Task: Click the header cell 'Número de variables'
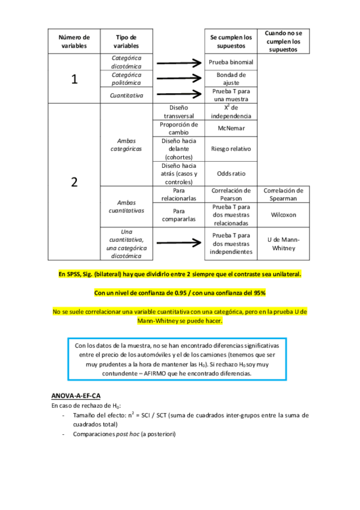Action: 74,41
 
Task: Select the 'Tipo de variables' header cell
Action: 126,41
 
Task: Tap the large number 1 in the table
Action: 74,79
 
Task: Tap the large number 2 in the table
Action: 74,183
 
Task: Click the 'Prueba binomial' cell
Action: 231,62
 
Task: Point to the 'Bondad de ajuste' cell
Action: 231,78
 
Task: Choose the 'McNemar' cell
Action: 231,128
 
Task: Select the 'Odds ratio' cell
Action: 231,173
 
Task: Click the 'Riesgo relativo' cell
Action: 231,148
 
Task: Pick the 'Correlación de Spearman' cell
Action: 283,194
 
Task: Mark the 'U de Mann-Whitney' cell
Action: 283,243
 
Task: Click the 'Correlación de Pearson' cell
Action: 231,194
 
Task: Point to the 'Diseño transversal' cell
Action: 178,111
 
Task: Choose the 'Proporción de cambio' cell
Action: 178,128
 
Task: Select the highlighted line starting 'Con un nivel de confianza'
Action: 180,293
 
